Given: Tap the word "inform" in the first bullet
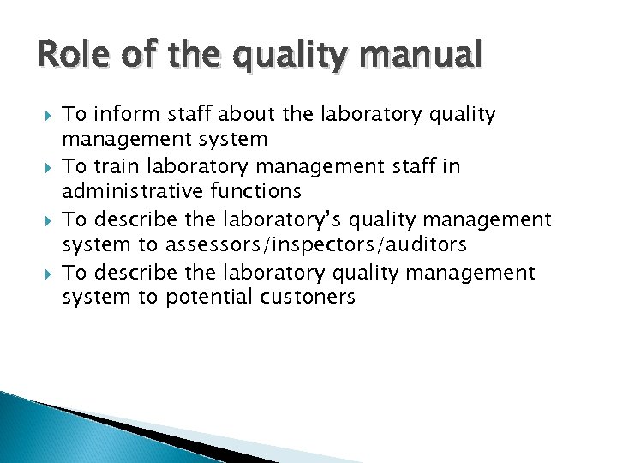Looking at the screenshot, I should coord(121,114).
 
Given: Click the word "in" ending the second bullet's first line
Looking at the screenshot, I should coord(452,166).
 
